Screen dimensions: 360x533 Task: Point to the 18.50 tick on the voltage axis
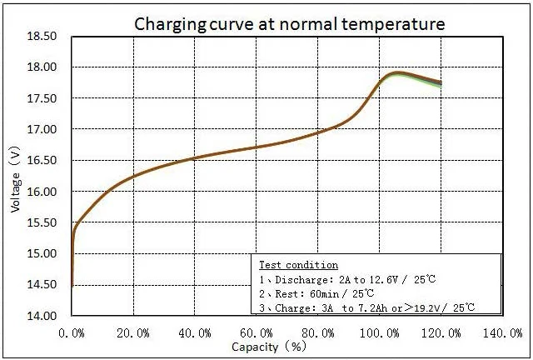click(42, 37)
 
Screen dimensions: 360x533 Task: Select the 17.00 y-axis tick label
click(42, 130)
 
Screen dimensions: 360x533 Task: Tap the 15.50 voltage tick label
click(42, 222)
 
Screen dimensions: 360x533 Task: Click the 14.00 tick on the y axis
click(42, 316)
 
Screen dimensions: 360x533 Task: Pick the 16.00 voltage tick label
click(42, 192)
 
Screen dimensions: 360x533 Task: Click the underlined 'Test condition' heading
click(287, 265)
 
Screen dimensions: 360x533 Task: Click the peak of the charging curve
click(397, 73)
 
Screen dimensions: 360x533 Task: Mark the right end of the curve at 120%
click(440, 83)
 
